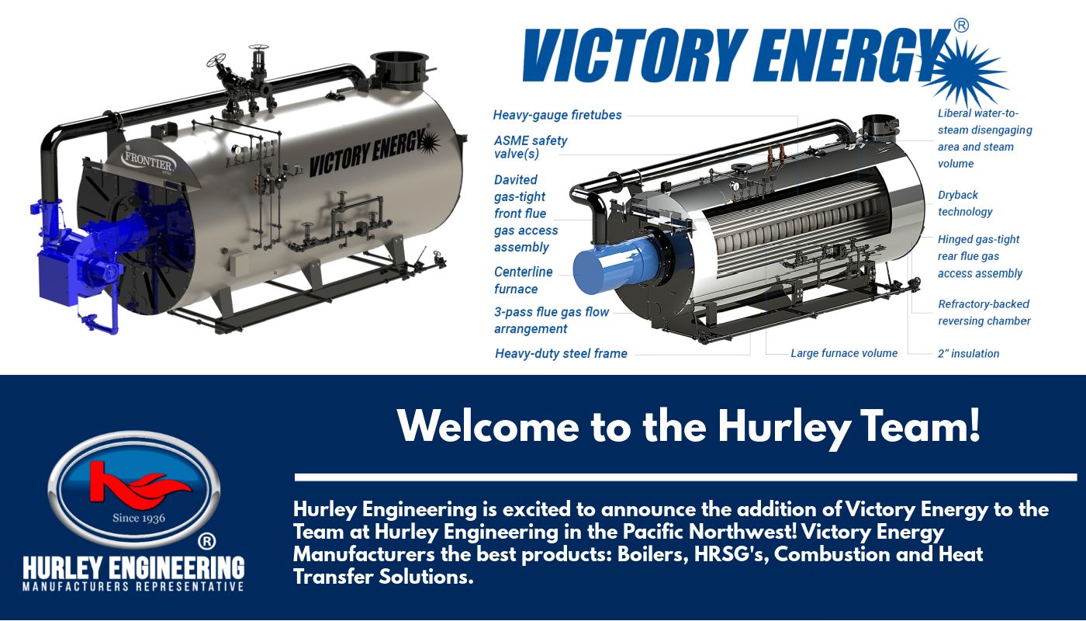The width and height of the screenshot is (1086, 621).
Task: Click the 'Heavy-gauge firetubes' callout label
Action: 557,115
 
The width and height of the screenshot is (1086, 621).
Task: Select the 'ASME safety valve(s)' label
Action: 531,147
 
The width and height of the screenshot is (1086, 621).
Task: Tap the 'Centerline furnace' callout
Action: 524,280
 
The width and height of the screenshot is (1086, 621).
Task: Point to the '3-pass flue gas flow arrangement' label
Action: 552,320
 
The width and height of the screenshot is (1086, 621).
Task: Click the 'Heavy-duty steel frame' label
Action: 561,353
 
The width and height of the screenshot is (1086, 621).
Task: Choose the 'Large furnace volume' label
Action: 844,353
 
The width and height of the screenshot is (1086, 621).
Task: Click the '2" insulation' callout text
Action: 968,353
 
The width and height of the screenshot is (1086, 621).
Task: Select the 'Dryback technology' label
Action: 965,203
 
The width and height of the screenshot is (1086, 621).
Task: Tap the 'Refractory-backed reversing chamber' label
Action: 984,312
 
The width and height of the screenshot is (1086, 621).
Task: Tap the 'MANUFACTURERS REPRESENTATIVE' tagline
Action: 133,586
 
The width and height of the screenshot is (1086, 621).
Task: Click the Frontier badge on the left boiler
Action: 149,161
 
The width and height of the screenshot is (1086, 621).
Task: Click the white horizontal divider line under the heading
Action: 686,477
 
